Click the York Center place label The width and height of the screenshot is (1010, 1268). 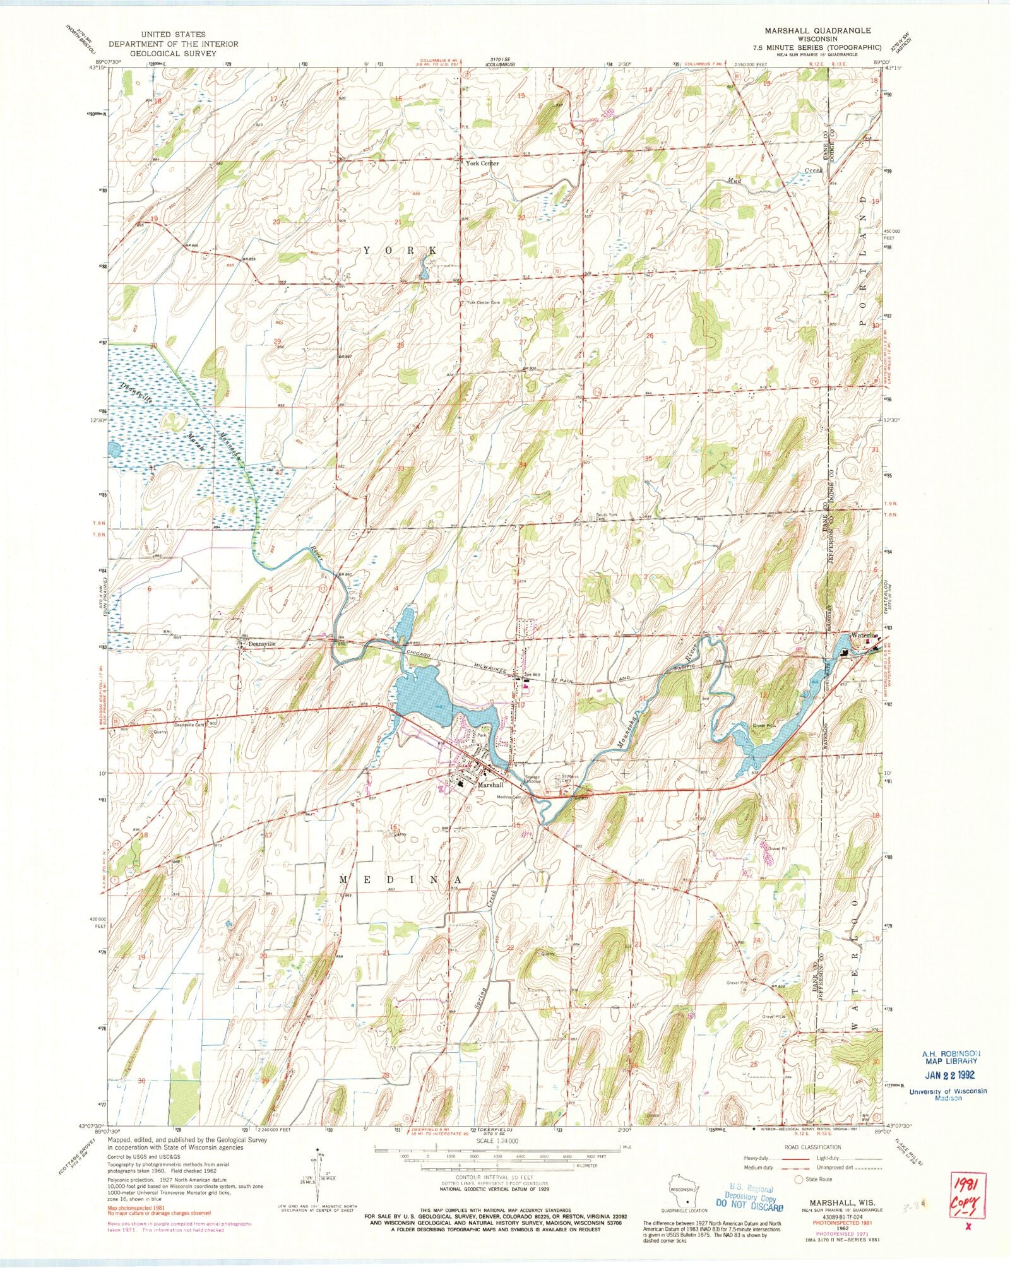(482, 163)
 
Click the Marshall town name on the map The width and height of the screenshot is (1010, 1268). (490, 785)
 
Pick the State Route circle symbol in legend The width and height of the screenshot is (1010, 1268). (800, 1179)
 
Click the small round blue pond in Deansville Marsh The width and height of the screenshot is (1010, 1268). (115, 450)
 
